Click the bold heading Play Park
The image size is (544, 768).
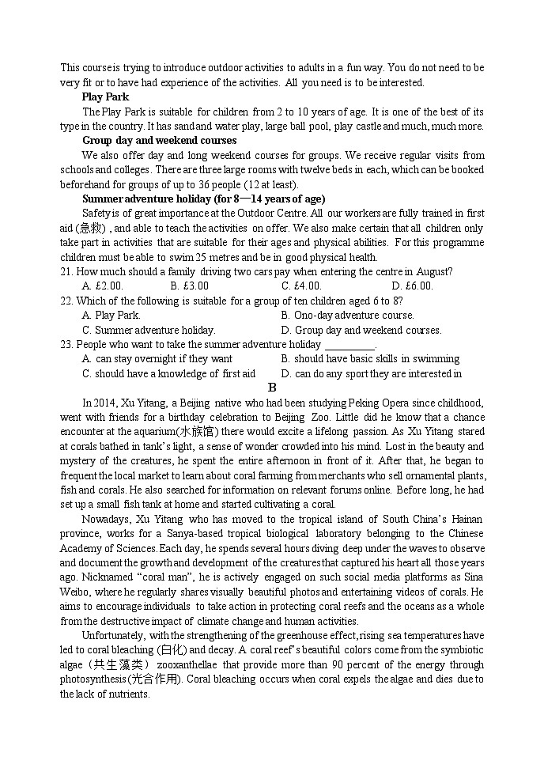click(105, 97)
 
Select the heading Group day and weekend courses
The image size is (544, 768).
click(159, 141)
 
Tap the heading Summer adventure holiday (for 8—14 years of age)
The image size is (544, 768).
click(203, 199)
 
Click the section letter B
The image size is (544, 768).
click(272, 388)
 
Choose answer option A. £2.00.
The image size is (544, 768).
click(103, 286)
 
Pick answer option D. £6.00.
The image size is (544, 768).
click(412, 286)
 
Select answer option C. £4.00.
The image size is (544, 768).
click(301, 286)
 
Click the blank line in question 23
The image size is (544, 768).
click(349, 345)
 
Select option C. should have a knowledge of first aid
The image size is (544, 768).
click(168, 373)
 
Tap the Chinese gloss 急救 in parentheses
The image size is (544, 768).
click(93, 228)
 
